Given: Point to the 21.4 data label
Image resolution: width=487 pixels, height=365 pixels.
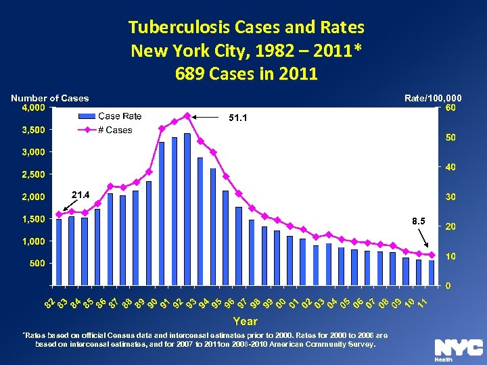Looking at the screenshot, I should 80,195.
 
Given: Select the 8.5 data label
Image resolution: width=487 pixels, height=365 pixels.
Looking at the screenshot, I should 419,221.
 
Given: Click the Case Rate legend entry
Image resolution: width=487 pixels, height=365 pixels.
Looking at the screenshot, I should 120,116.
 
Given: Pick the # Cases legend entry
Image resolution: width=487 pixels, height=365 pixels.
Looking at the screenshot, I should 115,130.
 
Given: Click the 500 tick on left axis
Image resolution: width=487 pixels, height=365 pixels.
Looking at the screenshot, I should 37,264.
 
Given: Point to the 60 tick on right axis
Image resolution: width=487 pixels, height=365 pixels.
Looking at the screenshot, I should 449,107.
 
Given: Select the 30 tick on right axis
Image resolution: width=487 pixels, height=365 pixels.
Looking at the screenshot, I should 449,197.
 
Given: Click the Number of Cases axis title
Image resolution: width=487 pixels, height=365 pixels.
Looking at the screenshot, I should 49,98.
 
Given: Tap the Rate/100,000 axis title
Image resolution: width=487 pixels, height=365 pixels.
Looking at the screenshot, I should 433,98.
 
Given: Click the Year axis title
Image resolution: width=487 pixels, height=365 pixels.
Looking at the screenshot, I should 246,322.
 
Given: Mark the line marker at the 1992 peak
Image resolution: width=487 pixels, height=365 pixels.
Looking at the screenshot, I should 187,116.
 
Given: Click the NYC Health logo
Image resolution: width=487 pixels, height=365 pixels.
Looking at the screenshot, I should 458,349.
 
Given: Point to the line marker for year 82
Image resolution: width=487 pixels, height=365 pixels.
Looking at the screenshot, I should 59,215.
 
